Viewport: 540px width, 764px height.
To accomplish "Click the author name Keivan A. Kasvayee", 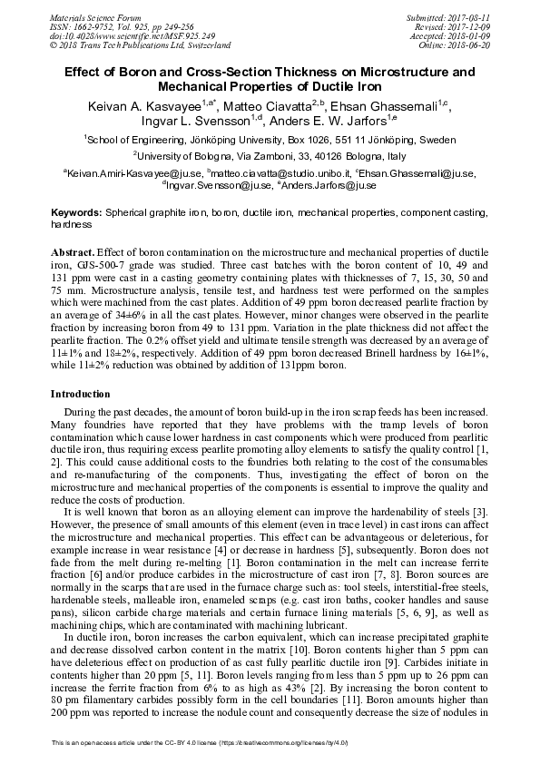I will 144,107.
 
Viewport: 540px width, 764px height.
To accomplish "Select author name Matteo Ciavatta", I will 267,107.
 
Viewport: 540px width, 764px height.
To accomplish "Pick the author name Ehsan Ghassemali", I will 387,107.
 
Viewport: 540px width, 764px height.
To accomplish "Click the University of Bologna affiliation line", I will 270,155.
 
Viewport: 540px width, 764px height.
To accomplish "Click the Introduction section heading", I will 80,395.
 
